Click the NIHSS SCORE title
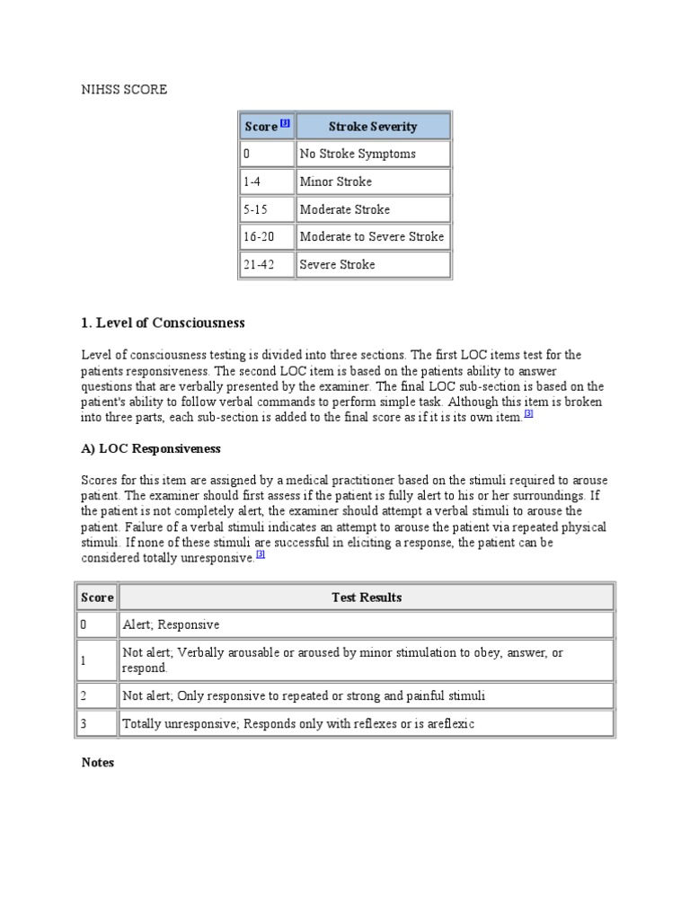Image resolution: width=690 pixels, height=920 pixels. coord(124,90)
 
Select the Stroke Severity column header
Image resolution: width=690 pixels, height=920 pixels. coord(372,127)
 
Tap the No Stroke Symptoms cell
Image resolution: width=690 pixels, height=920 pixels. coord(358,154)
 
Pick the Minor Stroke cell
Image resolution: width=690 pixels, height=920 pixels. coord(336,181)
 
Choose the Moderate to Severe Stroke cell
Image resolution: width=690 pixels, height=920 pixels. coord(372,236)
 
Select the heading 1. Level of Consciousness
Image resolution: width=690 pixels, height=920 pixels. coord(163,323)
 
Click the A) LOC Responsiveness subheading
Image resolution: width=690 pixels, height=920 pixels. coord(151,447)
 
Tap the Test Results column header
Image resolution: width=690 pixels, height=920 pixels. coord(366,597)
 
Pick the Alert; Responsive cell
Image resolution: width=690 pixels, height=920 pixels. coord(171,624)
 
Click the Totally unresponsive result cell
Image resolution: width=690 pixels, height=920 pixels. coord(297,722)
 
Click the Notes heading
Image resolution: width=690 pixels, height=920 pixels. coord(98,762)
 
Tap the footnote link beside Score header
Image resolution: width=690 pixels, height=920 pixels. coord(285,124)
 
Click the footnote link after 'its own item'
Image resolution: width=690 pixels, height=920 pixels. coord(528,414)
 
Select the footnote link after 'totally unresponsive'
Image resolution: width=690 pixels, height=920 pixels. coord(261,554)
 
